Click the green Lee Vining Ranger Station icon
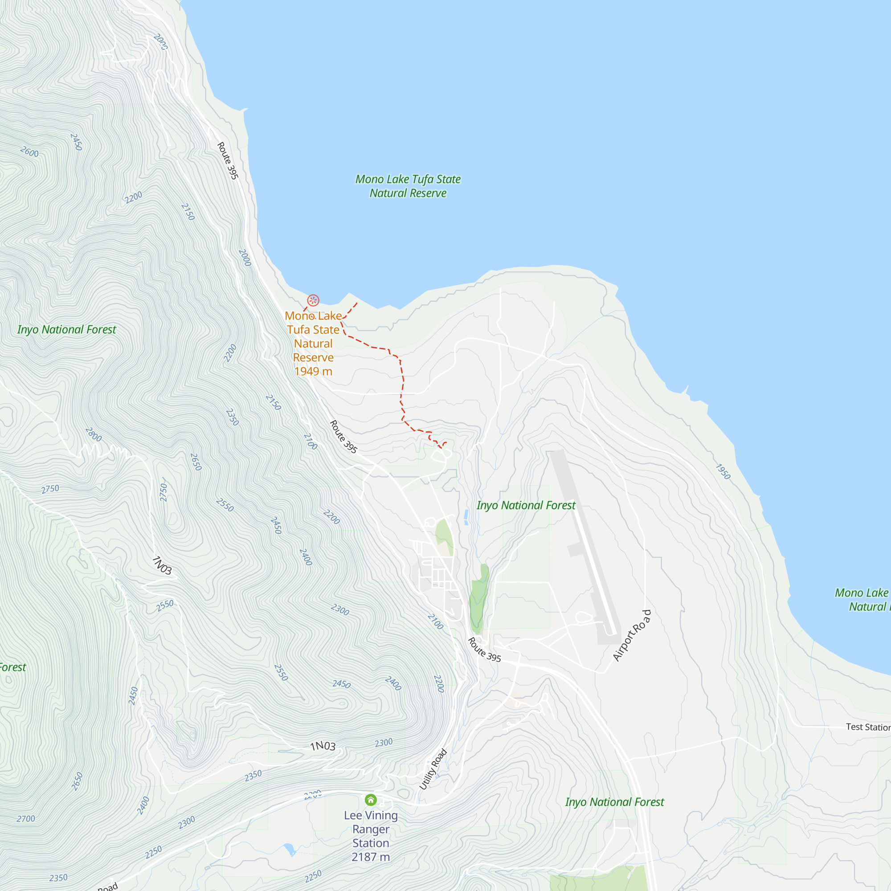click(370, 800)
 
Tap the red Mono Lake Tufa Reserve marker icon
click(313, 301)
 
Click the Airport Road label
click(632, 636)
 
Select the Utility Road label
click(433, 769)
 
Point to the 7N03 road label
click(162, 565)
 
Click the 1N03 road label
click(323, 746)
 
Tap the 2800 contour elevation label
click(93, 434)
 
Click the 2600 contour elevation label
click(29, 152)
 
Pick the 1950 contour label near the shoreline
click(723, 471)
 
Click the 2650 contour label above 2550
click(196, 462)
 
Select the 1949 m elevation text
click(313, 371)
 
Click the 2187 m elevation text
click(370, 857)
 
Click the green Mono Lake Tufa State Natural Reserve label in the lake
click(408, 186)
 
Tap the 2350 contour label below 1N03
click(253, 776)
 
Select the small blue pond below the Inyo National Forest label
click(466, 517)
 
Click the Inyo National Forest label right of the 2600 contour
click(67, 329)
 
